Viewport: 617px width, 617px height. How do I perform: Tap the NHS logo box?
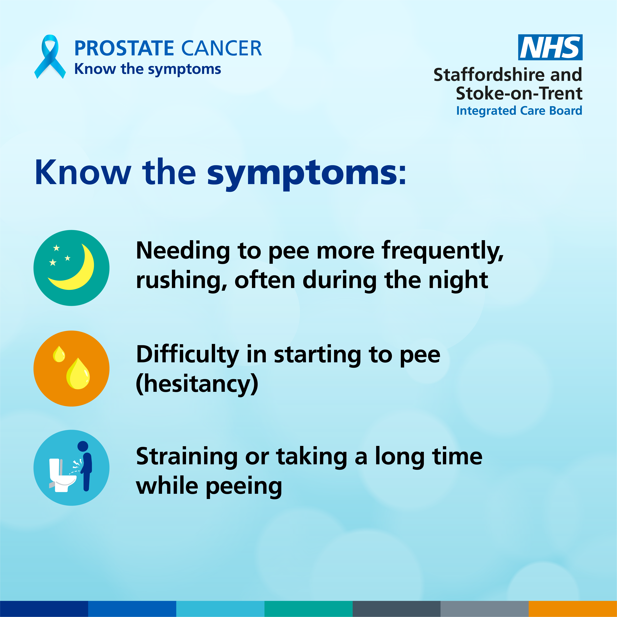tap(550, 47)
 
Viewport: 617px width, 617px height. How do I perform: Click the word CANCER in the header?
tap(222, 49)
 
